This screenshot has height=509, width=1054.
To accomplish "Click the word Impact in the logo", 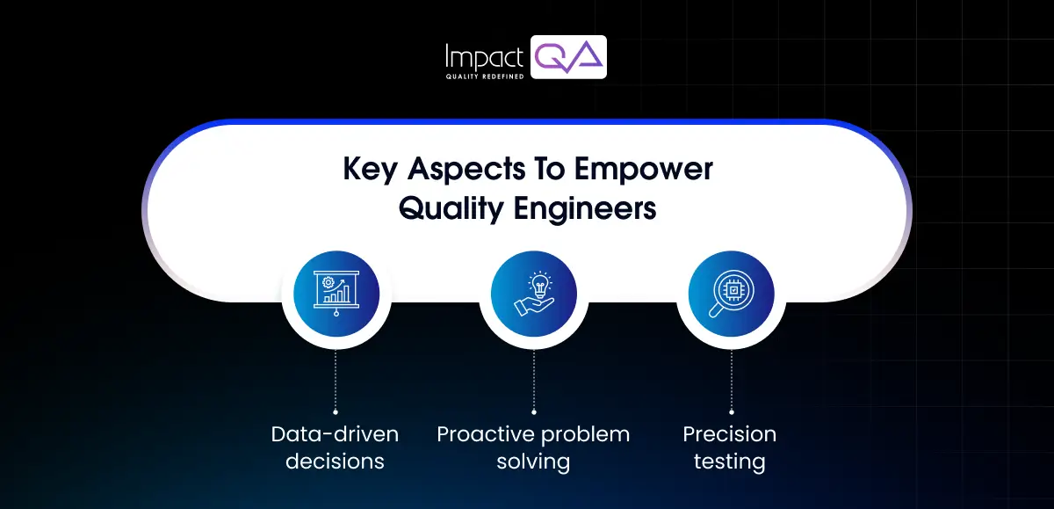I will click(x=486, y=56).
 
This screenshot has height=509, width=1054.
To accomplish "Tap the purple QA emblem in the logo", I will click(x=569, y=57).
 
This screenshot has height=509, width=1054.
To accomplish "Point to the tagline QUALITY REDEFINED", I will click(x=486, y=76).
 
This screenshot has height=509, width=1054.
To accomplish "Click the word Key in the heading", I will click(x=370, y=170).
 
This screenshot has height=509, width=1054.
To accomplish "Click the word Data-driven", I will click(x=335, y=434).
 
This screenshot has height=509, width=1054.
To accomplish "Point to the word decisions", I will click(x=335, y=462).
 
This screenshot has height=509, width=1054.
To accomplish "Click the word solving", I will click(x=533, y=462).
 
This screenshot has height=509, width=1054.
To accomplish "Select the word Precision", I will click(x=730, y=434).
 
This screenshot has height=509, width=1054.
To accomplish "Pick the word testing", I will click(x=730, y=462).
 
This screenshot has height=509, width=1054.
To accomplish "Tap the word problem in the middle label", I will click(x=585, y=434).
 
